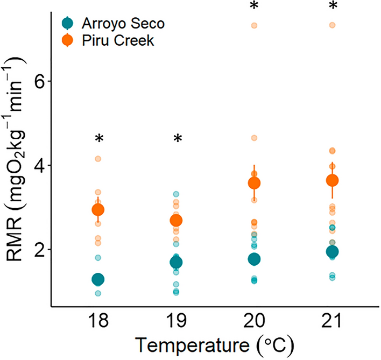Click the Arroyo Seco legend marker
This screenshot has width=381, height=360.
point(68,23)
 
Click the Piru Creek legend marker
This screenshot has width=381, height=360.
point(68,41)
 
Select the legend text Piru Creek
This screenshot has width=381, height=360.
point(110,41)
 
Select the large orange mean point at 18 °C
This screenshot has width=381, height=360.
point(98,209)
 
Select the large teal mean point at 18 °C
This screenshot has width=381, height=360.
point(98,279)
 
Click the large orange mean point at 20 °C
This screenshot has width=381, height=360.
point(254,183)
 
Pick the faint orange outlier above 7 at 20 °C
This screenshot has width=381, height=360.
point(254,25)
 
